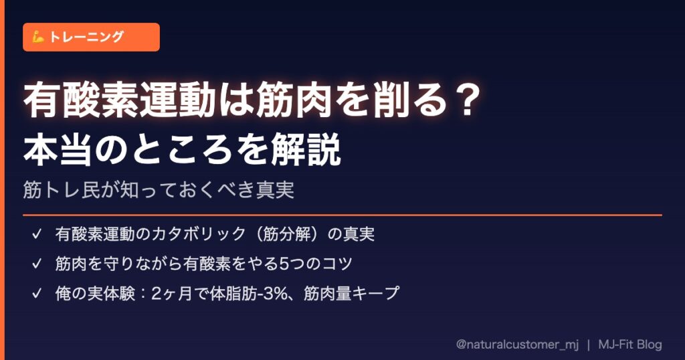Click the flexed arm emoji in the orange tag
click(38, 37)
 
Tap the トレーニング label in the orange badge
click(86, 37)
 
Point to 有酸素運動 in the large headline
click(120, 100)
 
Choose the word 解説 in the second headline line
click(306, 149)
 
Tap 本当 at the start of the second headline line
click(58, 149)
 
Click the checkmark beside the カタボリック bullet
click(37, 234)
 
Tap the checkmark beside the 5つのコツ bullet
click(37, 264)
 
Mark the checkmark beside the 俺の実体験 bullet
click(37, 293)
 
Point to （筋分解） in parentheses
click(286, 234)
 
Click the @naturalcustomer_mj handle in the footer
click(517, 344)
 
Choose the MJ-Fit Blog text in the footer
click(630, 344)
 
